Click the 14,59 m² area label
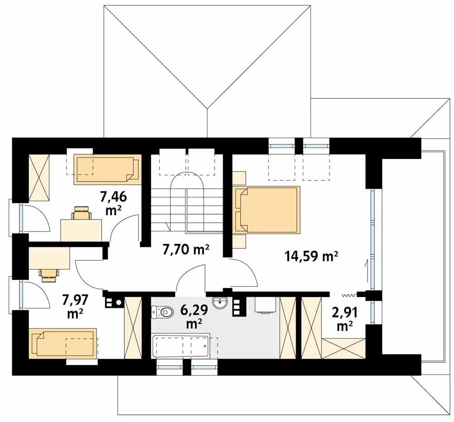pos(311,256)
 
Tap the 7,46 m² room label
pos(114,204)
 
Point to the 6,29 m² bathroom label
pos(194,317)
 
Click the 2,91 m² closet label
pos(345,319)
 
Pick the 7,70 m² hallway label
pos(186,249)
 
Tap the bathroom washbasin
pos(220,303)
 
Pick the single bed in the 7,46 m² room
pos(107,169)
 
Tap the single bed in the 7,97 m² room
pos(62,344)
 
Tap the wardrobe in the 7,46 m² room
pos(39,177)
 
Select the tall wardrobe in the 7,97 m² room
pos(133,328)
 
